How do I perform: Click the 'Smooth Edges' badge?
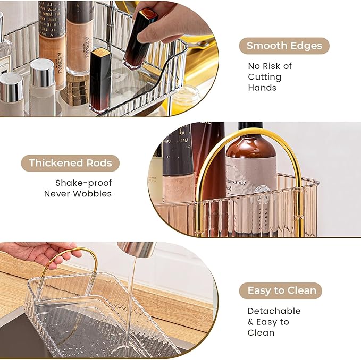pos(284,46)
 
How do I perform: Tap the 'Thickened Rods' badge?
pos(70,163)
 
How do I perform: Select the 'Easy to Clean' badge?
pos(281,290)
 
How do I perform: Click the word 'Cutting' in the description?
pos(264,77)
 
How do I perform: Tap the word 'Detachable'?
pos(274,311)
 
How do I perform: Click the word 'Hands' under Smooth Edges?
pos(262,88)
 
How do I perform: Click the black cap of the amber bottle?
pos(250,127)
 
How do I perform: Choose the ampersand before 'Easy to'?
pos(251,322)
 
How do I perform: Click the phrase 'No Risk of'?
pos(270,66)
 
